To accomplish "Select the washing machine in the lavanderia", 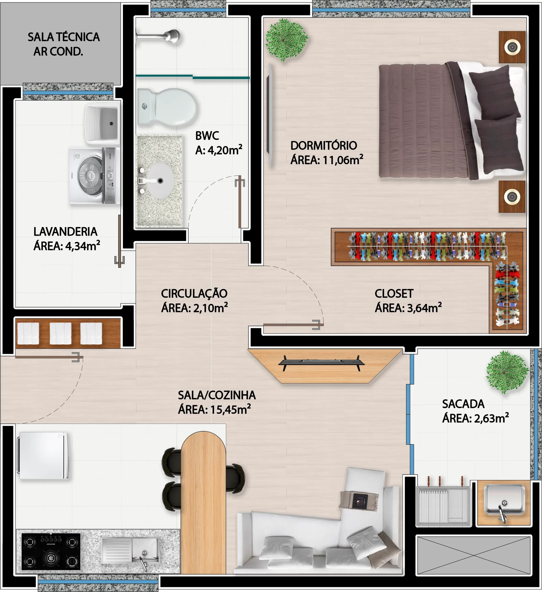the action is (x=94, y=176).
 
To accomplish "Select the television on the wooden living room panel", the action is (x=321, y=363).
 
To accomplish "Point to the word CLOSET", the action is (x=394, y=294).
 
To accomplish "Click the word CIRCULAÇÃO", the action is (x=194, y=294).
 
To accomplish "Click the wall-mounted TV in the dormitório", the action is (x=270, y=115).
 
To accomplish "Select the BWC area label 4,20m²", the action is (x=225, y=150).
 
